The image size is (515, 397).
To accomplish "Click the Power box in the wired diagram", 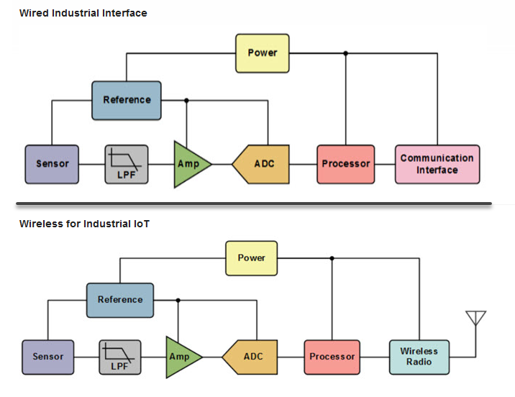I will (x=263, y=53).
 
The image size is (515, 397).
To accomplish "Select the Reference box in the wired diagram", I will (x=127, y=100).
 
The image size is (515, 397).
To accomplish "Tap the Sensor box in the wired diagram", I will (x=52, y=164).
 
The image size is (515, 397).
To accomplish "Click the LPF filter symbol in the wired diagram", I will (x=127, y=164).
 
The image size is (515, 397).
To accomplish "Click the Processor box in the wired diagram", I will (x=346, y=164).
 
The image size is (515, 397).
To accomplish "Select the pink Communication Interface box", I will (x=437, y=164).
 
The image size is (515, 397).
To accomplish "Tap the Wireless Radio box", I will (x=419, y=357).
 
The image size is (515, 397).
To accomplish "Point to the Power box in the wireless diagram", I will (x=252, y=258).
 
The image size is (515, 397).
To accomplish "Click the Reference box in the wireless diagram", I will (x=120, y=300).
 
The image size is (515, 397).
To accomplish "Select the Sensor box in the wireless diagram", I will (x=48, y=357).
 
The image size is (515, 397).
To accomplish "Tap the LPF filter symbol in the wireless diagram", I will (x=120, y=357).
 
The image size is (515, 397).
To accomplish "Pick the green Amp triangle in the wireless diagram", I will (x=181, y=357).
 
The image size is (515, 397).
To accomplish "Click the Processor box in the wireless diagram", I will (x=332, y=357).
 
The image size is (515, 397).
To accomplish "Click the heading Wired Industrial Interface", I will (x=83, y=13).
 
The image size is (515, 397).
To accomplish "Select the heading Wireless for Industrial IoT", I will (x=84, y=224).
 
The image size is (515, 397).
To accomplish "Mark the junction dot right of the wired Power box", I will (x=346, y=53).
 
